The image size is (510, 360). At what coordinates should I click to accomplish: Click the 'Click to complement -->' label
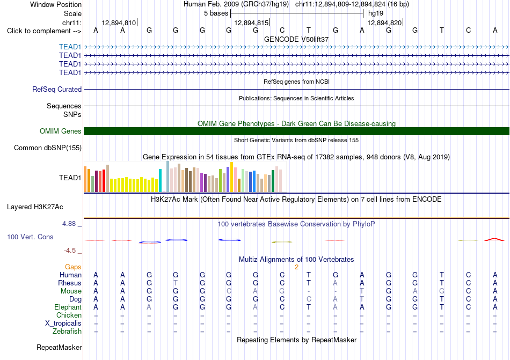tap(44, 31)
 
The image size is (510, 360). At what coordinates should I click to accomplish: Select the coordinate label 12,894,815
tap(251, 23)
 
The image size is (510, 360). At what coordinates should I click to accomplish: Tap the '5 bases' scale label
tap(216, 13)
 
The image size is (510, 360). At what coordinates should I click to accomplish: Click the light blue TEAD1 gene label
tap(70, 47)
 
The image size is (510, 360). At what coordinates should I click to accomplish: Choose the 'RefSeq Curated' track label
tap(57, 90)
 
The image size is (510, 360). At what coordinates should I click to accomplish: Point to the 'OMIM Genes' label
tap(61, 131)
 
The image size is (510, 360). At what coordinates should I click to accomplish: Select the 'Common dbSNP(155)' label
tap(48, 148)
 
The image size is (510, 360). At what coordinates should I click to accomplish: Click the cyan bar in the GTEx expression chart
tap(160, 181)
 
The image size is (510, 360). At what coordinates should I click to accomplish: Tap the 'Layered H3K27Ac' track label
tap(35, 207)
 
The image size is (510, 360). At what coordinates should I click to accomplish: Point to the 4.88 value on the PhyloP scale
tap(69, 224)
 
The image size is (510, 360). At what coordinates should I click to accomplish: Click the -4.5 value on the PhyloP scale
tap(70, 251)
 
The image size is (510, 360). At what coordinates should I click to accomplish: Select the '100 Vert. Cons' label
tap(30, 237)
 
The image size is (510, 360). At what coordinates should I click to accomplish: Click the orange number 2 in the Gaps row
tap(297, 267)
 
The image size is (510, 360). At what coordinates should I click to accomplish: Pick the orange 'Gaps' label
tap(73, 267)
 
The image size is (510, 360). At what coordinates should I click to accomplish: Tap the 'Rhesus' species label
tap(70, 283)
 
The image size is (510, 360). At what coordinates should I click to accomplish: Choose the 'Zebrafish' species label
tap(67, 332)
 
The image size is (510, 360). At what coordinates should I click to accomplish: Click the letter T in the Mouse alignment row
tap(362, 291)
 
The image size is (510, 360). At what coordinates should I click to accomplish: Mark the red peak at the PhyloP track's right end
tap(494, 239)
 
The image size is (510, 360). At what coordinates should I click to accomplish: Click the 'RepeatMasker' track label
tap(59, 347)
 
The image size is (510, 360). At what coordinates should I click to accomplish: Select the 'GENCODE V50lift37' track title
tap(296, 39)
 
